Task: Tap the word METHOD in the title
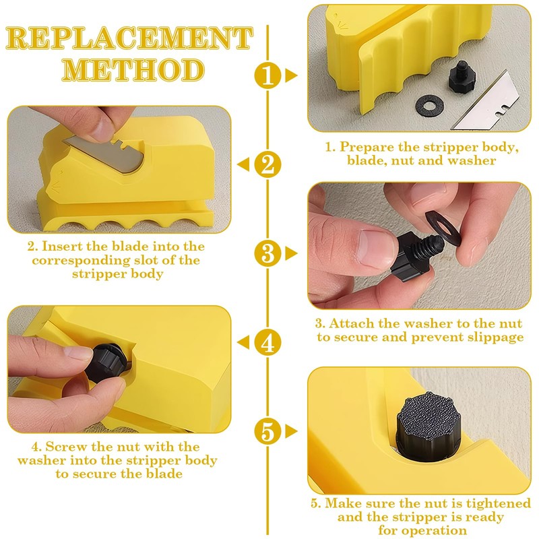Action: pos(135,71)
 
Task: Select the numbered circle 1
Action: pos(268,75)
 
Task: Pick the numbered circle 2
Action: pos(268,164)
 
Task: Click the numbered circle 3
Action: pos(268,253)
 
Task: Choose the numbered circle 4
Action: pos(268,342)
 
